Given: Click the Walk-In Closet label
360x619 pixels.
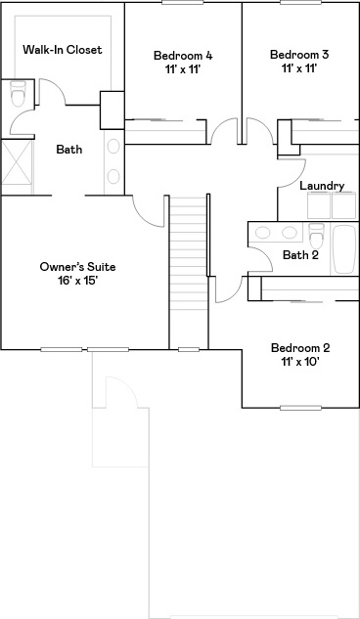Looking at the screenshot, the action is (63, 50).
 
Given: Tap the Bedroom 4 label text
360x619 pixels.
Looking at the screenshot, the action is (183, 56).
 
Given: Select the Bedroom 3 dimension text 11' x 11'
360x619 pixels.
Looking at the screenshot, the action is (299, 68).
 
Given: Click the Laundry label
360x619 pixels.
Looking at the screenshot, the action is (322, 186).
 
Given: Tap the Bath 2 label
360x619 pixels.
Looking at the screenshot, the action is (300, 255).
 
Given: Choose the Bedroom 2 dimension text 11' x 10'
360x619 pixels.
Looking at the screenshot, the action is (300, 362).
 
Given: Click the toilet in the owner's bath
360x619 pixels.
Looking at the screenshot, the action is (18, 93).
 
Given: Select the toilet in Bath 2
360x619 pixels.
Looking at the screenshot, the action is (317, 236).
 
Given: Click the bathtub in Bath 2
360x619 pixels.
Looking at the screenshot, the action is (344, 249).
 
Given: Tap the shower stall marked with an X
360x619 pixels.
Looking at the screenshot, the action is (17, 167).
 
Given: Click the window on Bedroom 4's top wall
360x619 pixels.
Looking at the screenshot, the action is (182, 2).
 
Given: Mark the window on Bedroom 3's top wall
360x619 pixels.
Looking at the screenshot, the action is (300, 2).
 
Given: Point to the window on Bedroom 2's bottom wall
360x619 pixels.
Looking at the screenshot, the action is (300, 408).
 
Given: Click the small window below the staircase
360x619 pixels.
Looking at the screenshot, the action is (189, 349).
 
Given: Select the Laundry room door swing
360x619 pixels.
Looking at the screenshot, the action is (292, 173).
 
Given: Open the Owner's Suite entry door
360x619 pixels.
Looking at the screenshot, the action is (148, 211).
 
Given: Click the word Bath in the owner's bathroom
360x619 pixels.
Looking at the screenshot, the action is (69, 150).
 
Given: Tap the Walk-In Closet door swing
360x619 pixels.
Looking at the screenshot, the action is (52, 92).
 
